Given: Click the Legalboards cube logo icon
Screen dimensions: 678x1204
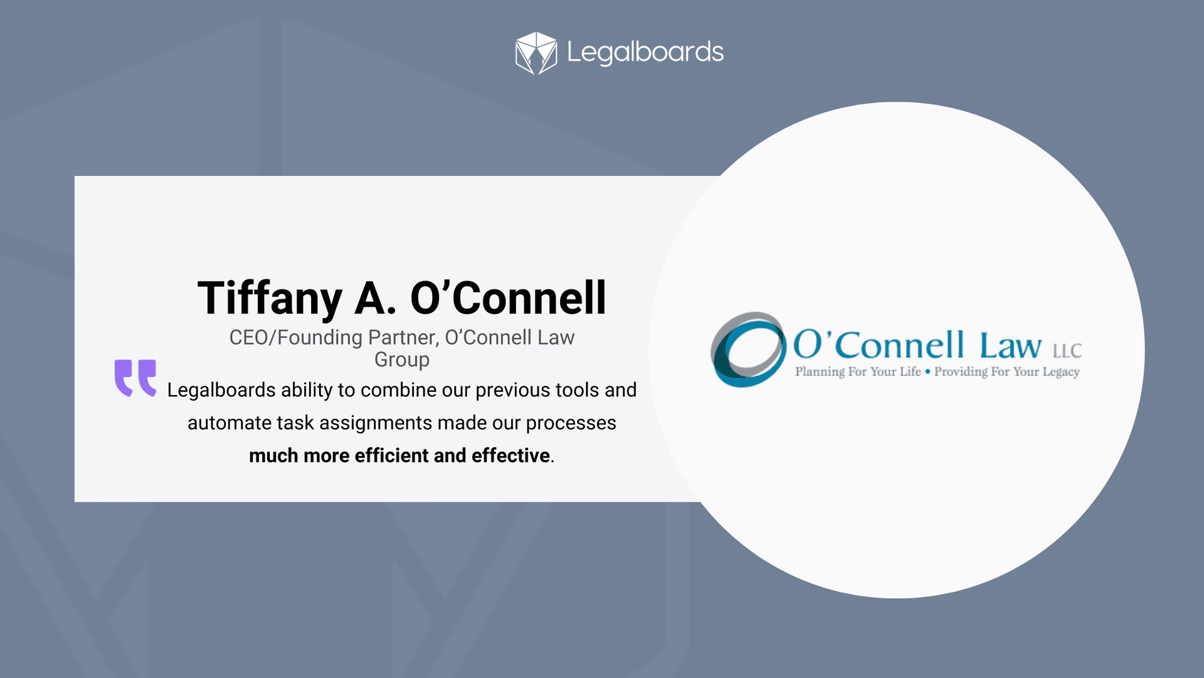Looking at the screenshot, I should (536, 53).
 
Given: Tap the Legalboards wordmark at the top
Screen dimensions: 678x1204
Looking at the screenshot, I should (645, 53).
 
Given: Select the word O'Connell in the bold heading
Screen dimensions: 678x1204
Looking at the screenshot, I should (509, 298).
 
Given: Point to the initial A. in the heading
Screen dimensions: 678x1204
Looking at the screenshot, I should (375, 298).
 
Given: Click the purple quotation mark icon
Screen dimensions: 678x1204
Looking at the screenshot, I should (135, 377).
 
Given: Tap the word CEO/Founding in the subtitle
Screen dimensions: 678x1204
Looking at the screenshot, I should (296, 338).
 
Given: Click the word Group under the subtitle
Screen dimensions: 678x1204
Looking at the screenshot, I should (402, 360).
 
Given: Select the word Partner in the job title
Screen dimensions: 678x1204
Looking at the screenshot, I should (403, 338).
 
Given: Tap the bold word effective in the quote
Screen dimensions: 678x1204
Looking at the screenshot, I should (510, 456).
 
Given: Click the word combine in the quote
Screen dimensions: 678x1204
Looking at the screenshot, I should (398, 390).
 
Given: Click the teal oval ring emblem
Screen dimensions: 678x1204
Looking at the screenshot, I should (748, 350).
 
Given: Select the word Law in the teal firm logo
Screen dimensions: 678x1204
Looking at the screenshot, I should (1011, 346).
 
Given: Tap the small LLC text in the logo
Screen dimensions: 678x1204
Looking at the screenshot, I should (1067, 351).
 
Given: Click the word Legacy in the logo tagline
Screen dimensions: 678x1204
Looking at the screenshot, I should (1061, 372).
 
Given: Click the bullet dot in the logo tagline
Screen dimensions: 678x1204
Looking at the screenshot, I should (928, 372).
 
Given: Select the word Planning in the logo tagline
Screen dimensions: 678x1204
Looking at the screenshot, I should (820, 372).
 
